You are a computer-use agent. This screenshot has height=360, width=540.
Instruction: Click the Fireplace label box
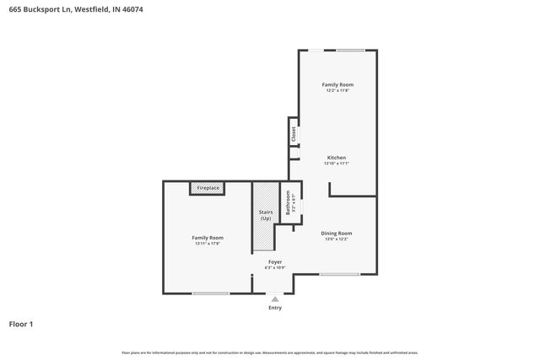[x=208, y=188]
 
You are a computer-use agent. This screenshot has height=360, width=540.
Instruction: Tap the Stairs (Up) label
[x=265, y=216]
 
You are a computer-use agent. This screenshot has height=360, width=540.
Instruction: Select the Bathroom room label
[x=288, y=203]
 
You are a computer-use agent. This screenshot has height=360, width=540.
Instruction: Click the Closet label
[x=294, y=132]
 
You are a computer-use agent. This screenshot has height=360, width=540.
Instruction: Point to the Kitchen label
[x=336, y=158]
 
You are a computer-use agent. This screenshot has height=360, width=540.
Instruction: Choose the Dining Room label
[x=336, y=233]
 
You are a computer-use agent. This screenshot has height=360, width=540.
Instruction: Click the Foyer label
[x=275, y=262]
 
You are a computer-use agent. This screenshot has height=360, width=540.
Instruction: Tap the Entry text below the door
[x=275, y=307]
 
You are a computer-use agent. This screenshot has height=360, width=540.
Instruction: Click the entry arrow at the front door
[x=274, y=298]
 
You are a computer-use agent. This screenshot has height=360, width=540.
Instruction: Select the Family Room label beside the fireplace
[x=208, y=238]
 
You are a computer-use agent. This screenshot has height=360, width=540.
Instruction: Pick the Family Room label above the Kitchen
[x=337, y=84]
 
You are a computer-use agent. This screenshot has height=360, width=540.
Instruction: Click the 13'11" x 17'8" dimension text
[x=208, y=244]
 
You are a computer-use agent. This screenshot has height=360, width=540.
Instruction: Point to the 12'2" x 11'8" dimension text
[x=337, y=91]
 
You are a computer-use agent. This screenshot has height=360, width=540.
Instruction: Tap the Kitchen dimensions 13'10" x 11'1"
[x=336, y=164]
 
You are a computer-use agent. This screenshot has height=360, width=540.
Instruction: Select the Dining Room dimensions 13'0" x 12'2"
[x=336, y=239]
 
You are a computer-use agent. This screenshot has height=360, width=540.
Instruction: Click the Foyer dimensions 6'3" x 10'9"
[x=275, y=268]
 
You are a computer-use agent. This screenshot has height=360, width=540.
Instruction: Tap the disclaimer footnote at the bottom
[x=270, y=352]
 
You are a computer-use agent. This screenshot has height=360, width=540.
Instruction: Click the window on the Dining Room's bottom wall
[x=339, y=274]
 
